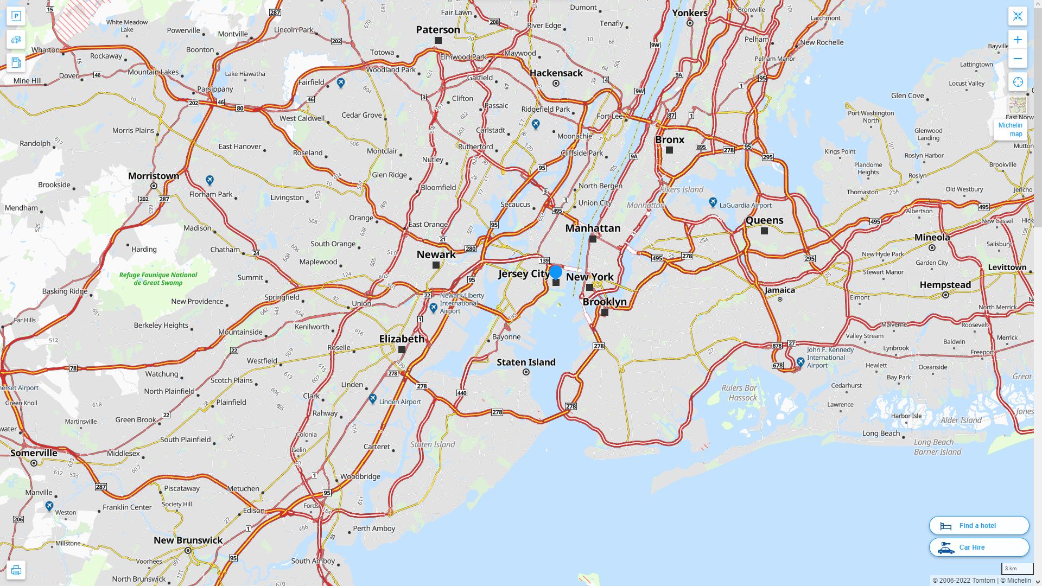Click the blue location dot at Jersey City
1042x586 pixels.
point(556,272)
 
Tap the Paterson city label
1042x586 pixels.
point(438,30)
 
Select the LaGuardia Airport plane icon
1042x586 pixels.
point(713,202)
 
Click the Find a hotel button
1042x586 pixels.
point(979,525)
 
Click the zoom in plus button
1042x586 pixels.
point(1018,40)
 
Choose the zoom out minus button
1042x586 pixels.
point(1018,59)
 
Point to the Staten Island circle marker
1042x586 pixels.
point(526,372)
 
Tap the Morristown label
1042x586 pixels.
point(154,176)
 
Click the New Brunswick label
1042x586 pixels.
point(188,540)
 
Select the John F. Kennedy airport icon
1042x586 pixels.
point(800,362)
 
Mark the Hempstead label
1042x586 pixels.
point(945,285)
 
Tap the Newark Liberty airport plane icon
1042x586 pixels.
point(433,308)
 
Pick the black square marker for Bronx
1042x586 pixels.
point(669,150)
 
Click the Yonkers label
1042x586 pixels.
point(690,13)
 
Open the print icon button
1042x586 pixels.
point(16,570)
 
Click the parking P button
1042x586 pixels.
point(16,16)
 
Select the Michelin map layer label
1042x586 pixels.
point(1010,130)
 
